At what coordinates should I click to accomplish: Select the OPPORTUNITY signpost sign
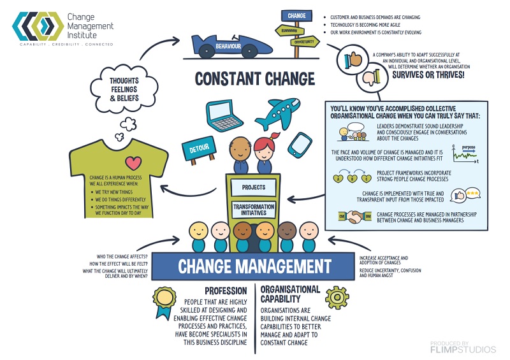pos(304,41)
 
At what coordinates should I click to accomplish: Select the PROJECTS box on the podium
pos(253,188)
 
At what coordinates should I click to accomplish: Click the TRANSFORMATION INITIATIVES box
pos(253,211)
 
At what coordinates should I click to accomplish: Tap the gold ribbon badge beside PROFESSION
pos(164,300)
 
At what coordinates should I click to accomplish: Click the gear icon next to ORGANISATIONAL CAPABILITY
pos(337,298)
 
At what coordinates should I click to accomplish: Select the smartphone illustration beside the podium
pos(299,145)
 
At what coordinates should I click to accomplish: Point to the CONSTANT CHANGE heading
pos(255,79)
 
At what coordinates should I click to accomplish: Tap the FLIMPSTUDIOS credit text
pos(462,349)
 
